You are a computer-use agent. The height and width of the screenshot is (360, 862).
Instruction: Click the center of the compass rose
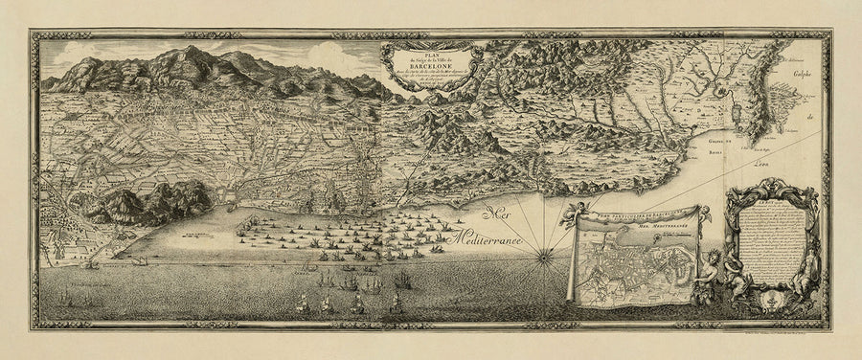tap(544, 255)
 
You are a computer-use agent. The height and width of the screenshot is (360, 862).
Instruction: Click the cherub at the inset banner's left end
tap(578, 214)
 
